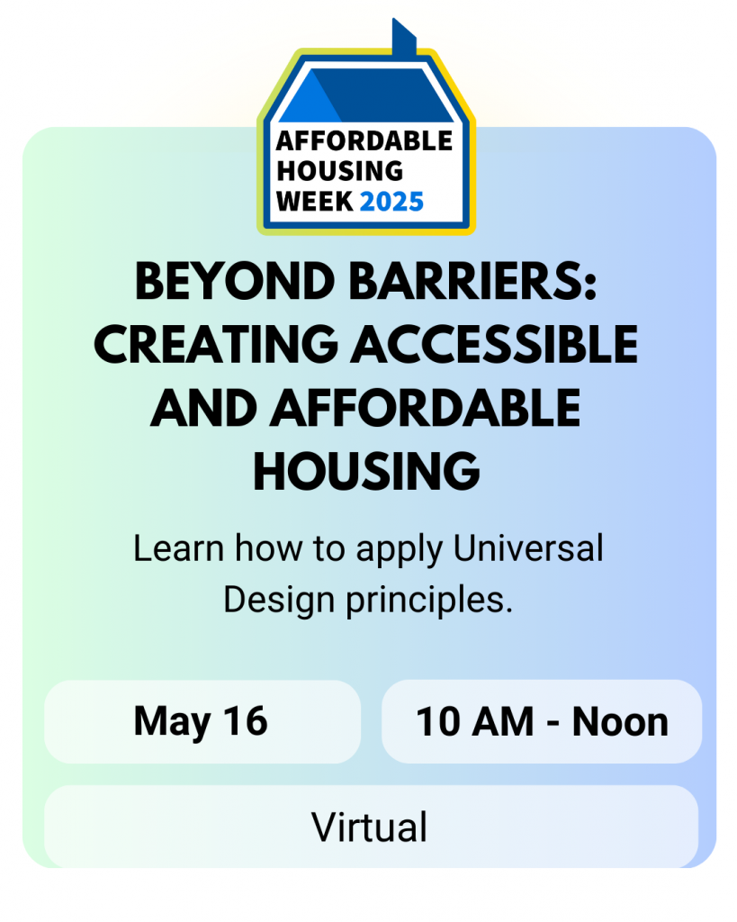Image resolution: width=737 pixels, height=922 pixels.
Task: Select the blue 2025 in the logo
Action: click(391, 202)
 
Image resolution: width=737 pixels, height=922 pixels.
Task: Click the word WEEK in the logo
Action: click(314, 202)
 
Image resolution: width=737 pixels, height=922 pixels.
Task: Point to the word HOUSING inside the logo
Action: click(339, 171)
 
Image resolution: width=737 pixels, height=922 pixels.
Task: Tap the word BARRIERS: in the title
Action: click(473, 281)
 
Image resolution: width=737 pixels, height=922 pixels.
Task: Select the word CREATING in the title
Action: click(216, 345)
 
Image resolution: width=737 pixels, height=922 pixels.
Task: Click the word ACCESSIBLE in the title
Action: click(495, 345)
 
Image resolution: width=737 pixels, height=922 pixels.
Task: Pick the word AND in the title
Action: click(204, 408)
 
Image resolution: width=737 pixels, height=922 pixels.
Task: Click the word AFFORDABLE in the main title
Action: click(426, 408)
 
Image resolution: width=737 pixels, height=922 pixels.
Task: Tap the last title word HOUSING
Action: click(367, 472)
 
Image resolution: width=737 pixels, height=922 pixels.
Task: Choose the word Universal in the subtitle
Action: click(528, 548)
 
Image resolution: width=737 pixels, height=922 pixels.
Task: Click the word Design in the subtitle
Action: click(279, 601)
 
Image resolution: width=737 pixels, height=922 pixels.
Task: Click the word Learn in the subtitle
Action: click(179, 548)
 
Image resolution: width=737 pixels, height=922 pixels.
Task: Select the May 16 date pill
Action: click(202, 721)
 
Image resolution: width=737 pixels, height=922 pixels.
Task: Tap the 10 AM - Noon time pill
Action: click(542, 721)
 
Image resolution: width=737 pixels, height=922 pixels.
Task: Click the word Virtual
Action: click(369, 827)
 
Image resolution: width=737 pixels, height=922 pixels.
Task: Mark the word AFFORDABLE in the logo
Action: click(364, 141)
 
